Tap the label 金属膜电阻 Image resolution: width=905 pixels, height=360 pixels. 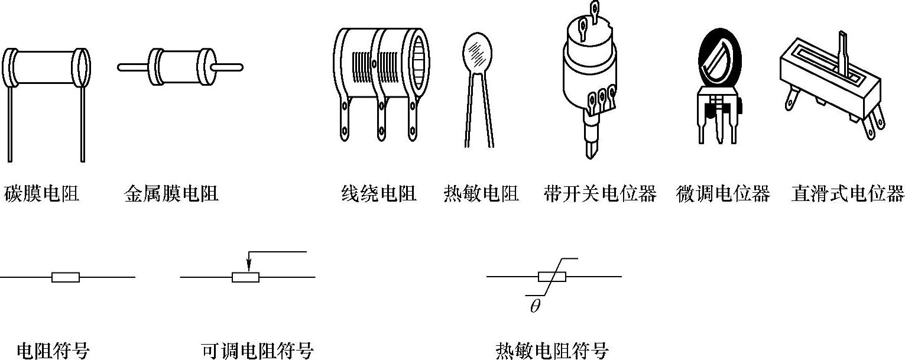(x=171, y=194)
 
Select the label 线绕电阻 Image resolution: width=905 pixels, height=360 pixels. (x=379, y=194)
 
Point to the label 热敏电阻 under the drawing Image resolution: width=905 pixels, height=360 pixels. (x=481, y=194)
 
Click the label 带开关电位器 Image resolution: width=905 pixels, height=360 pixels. (x=600, y=194)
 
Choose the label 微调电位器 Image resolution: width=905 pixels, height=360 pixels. (x=723, y=194)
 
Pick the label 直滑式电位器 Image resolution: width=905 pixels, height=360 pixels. (x=848, y=194)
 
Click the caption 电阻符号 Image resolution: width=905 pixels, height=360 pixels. (x=53, y=351)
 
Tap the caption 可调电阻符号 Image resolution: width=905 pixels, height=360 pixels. (x=257, y=351)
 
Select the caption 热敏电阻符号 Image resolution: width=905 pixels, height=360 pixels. (x=552, y=351)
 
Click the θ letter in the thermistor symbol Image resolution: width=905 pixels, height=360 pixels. (x=535, y=307)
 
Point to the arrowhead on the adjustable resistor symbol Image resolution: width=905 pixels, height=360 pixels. (x=249, y=267)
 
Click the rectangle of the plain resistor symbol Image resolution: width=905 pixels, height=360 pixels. (x=66, y=277)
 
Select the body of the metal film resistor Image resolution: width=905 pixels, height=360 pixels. (x=180, y=67)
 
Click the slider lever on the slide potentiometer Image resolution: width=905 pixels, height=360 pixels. (x=842, y=50)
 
